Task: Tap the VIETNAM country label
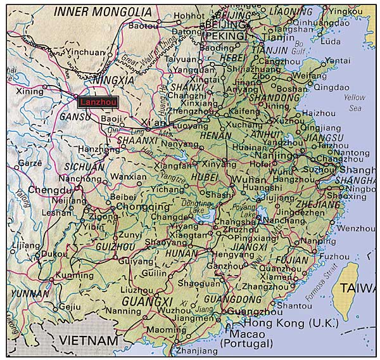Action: click(x=88, y=341)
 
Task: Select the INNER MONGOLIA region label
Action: click(x=103, y=12)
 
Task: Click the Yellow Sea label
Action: click(x=355, y=103)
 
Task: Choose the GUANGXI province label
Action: click(x=147, y=300)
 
